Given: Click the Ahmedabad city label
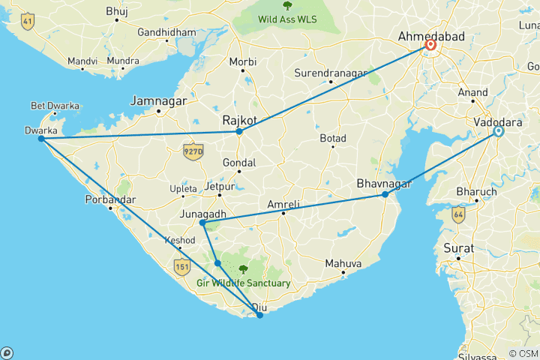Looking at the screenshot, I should tap(431, 35).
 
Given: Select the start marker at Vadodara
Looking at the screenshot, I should tap(498, 132).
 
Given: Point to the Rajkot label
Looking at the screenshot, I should tap(240, 119).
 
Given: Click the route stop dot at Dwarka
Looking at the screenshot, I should tap(41, 139).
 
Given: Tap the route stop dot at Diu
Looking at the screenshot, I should tap(259, 315).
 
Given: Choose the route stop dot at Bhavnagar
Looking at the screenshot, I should tap(385, 194).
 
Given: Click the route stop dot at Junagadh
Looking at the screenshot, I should tap(202, 223).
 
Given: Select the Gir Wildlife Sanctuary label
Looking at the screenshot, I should tap(244, 283).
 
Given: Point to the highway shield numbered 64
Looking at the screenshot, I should tap(457, 214).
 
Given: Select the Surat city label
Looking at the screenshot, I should tap(458, 247).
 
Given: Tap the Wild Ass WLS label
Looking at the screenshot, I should tap(288, 17).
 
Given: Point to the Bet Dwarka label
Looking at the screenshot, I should tap(55, 106).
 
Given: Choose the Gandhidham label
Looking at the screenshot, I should tap(167, 33).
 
